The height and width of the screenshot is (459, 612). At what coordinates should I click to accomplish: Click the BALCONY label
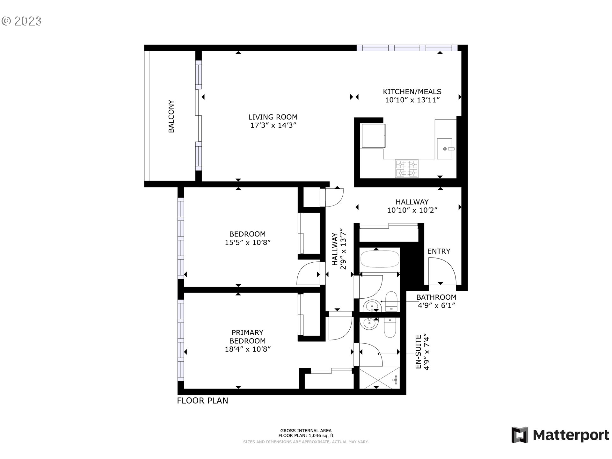pyautogui.click(x=171, y=116)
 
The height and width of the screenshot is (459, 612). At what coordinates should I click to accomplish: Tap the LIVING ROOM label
pyautogui.click(x=273, y=117)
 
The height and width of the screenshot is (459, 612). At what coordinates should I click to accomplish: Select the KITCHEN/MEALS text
pyautogui.click(x=412, y=92)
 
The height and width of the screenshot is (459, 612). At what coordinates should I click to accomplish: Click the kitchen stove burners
pyautogui.click(x=407, y=168)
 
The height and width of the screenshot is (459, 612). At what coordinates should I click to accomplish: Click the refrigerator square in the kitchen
pyautogui.click(x=373, y=136)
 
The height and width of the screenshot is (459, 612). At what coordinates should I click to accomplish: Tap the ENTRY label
pyautogui.click(x=439, y=251)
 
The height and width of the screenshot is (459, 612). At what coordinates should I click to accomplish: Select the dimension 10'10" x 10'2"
pyautogui.click(x=412, y=210)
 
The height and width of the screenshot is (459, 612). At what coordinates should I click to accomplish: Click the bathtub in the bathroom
pyautogui.click(x=380, y=259)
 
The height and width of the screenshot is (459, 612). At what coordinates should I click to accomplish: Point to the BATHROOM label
pyautogui.click(x=436, y=297)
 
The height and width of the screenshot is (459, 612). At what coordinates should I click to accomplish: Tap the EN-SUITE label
pyautogui.click(x=419, y=352)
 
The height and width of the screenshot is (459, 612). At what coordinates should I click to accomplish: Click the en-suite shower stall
pyautogui.click(x=380, y=378)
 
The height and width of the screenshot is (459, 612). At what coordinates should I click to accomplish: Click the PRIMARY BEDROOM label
pyautogui.click(x=247, y=337)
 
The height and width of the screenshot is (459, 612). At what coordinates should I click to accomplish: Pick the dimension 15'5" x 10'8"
pyautogui.click(x=248, y=243)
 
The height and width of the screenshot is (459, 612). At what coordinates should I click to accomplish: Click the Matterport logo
pyautogui.click(x=560, y=435)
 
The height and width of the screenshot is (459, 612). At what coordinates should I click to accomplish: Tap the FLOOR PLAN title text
pyautogui.click(x=203, y=401)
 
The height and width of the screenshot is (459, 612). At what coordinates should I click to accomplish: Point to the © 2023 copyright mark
pyautogui.click(x=21, y=21)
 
